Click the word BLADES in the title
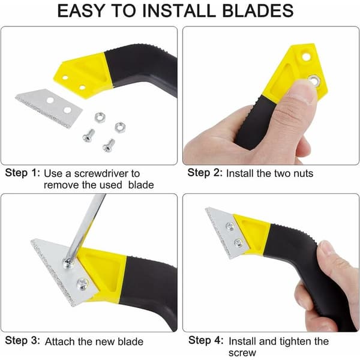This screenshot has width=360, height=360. tap(258, 11)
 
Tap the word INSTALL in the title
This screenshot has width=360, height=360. tap(179, 11)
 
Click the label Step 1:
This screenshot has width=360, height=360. tap(23, 173)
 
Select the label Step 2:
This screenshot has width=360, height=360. tap(205, 173)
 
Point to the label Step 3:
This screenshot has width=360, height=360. tap(23, 340)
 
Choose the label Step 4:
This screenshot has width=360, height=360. tap(206, 340)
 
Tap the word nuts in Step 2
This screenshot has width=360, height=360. tap(303, 173)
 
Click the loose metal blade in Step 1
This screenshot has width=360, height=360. tap(49, 108)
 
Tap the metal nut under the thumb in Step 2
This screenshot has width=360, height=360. tap(314, 80)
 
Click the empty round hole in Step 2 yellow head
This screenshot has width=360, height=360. tap(306, 56)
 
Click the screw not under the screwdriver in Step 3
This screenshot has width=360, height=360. tap(82, 284)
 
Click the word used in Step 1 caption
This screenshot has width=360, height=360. tap(110, 185)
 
